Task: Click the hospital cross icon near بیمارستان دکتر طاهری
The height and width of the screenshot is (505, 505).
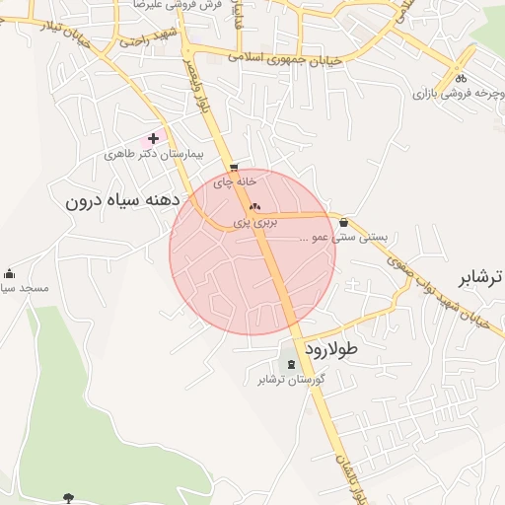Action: click(x=153, y=140)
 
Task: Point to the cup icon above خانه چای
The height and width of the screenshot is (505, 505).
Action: click(x=234, y=167)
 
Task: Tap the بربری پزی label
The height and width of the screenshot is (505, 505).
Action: click(x=255, y=223)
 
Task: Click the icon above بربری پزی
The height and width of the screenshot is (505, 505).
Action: click(x=255, y=207)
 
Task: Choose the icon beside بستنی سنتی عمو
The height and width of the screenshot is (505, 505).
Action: click(x=343, y=223)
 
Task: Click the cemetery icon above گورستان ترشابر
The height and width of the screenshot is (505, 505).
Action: click(x=290, y=365)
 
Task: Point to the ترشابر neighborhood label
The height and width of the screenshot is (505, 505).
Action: click(x=482, y=275)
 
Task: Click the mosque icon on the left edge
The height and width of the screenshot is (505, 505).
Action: click(x=9, y=273)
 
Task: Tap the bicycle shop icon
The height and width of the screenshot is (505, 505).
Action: click(x=461, y=79)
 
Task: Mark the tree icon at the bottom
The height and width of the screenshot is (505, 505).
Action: click(x=68, y=497)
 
